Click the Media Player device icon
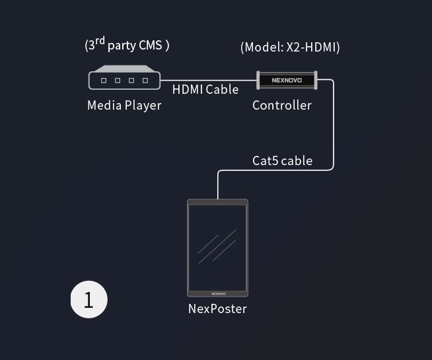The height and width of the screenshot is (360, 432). point(125,79)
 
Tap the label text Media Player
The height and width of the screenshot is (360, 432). point(124,105)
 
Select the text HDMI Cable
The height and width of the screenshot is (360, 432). point(205,89)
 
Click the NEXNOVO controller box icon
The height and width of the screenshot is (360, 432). point(287,81)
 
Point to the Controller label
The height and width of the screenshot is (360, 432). point(282,105)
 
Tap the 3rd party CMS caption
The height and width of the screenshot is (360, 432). point(127,45)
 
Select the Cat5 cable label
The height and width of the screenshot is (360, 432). point(282,161)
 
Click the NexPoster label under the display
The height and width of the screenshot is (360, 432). point(217,308)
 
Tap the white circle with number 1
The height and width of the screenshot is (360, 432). point(89,299)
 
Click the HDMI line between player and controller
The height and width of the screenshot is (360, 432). point(208,80)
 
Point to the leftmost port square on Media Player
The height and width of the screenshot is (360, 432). point(104,81)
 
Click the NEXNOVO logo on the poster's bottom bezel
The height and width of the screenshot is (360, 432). point(218,293)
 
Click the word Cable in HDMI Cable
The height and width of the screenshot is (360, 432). point(222,89)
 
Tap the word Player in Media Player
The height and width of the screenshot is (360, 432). point(143,105)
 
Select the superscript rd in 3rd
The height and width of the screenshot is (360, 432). point(100,42)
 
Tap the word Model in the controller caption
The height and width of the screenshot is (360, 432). point(264,47)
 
